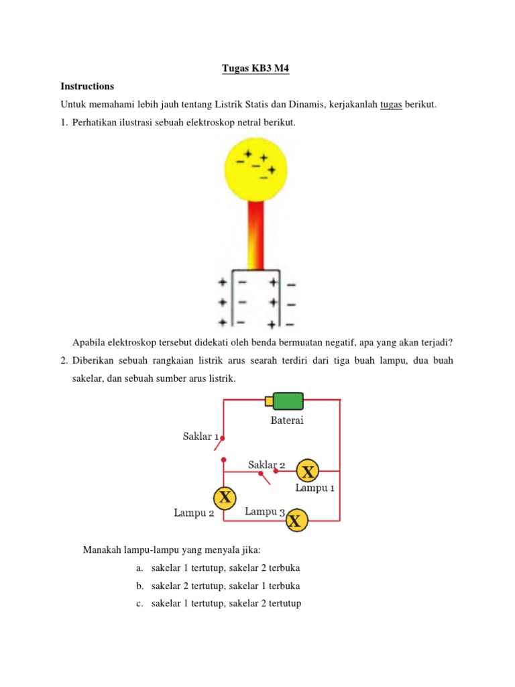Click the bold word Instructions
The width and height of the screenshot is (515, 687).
pyautogui.click(x=87, y=87)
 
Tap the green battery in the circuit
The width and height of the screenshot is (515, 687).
pyautogui.click(x=288, y=401)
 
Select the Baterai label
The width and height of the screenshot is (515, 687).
pyautogui.click(x=287, y=421)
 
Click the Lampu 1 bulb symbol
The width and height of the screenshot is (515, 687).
pyautogui.click(x=308, y=472)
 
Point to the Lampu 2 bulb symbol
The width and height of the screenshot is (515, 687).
pyautogui.click(x=225, y=497)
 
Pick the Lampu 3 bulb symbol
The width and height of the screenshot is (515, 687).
pyautogui.click(x=296, y=520)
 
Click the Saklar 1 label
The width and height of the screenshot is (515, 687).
pyautogui.click(x=201, y=437)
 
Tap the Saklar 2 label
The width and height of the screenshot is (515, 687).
pyautogui.click(x=267, y=464)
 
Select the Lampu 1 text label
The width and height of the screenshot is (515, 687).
pyautogui.click(x=314, y=488)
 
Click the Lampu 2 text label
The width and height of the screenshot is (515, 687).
pyautogui.click(x=194, y=513)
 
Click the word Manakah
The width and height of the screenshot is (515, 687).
pyautogui.click(x=101, y=550)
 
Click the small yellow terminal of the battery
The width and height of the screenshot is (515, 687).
pyautogui.click(x=269, y=401)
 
